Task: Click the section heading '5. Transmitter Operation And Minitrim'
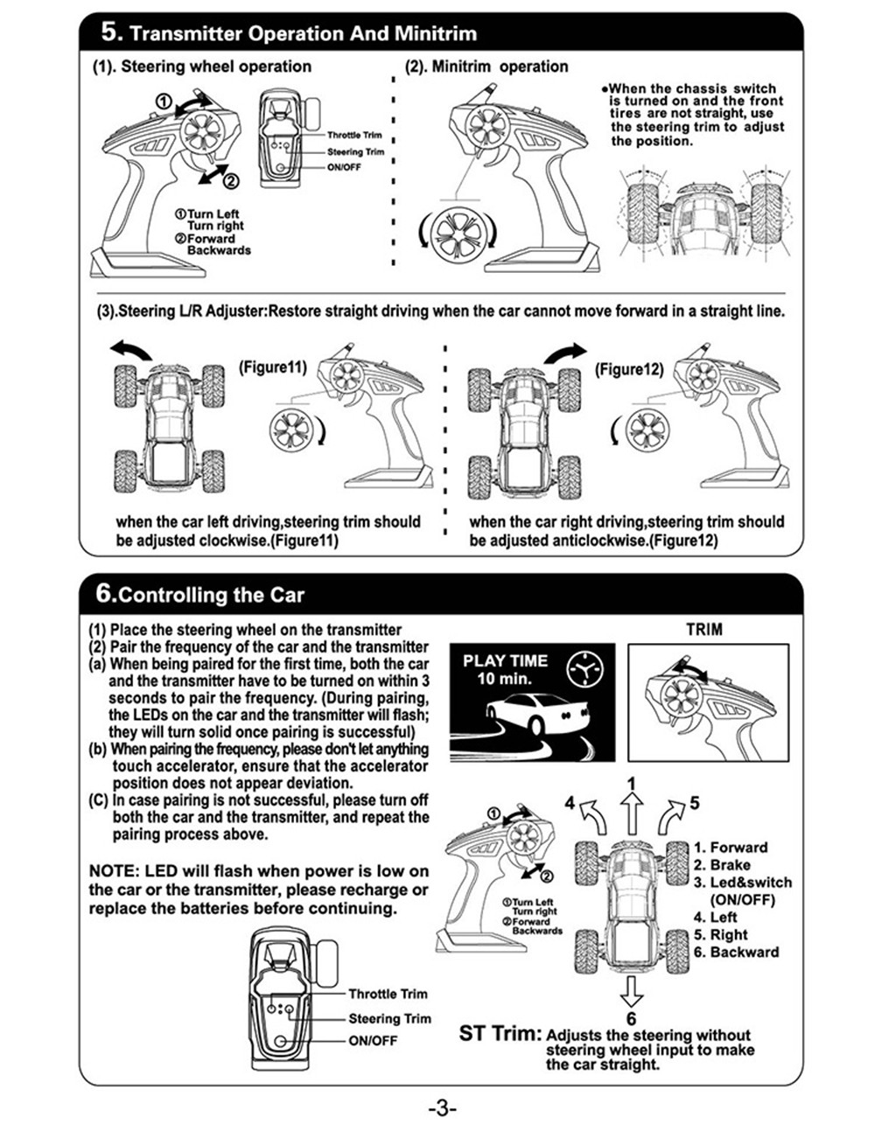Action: [289, 34]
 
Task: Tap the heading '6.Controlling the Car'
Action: [200, 595]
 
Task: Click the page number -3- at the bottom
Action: [443, 1108]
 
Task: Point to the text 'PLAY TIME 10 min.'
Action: [505, 669]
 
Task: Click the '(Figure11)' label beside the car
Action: [273, 367]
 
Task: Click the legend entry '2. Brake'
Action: [722, 864]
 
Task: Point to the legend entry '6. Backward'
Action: [736, 952]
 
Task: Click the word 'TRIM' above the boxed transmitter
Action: [704, 629]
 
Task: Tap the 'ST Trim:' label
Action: [500, 1033]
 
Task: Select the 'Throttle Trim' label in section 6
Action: [388, 994]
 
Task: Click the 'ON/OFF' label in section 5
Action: [344, 167]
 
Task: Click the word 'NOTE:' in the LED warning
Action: [114, 871]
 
